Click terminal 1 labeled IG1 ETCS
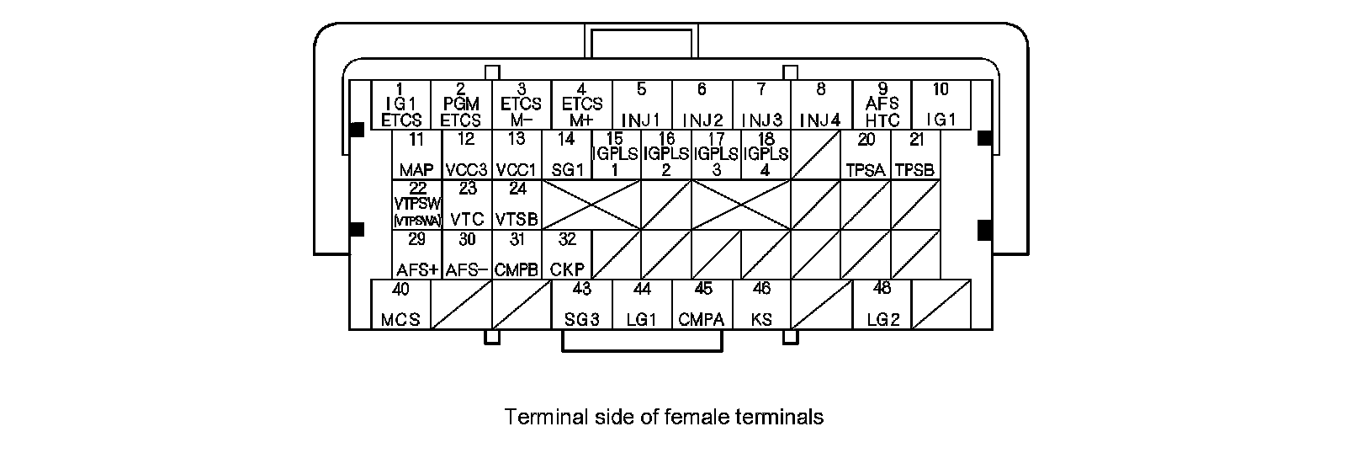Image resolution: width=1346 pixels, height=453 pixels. (x=401, y=105)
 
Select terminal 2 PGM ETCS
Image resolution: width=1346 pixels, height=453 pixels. (x=461, y=105)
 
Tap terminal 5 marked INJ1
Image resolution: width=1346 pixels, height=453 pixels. (x=642, y=105)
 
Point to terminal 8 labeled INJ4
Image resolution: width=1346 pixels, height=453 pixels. (x=821, y=105)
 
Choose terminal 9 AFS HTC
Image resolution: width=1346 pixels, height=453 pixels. (x=882, y=105)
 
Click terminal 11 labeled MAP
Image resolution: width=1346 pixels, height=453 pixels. (x=416, y=155)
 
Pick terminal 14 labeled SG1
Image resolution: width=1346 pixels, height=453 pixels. (x=567, y=155)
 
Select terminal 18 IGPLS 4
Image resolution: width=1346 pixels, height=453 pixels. (x=766, y=155)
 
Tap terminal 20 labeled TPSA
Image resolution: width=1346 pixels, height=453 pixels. (x=866, y=155)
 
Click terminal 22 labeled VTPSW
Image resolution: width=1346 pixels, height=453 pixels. (x=416, y=204)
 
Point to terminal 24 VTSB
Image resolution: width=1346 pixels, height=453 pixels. (x=517, y=204)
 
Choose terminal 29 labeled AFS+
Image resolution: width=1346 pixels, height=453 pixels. (x=416, y=254)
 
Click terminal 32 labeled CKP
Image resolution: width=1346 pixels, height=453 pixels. (x=567, y=254)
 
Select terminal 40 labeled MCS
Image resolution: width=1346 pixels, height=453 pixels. (x=401, y=304)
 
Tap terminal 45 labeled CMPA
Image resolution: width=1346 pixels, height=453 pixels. (x=702, y=304)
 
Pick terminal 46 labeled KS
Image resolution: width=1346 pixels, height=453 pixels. (x=761, y=304)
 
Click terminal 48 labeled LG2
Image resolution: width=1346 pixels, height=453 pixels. (x=882, y=304)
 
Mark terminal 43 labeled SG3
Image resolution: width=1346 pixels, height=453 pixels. (x=581, y=304)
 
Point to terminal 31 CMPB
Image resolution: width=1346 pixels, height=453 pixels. (x=517, y=254)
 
